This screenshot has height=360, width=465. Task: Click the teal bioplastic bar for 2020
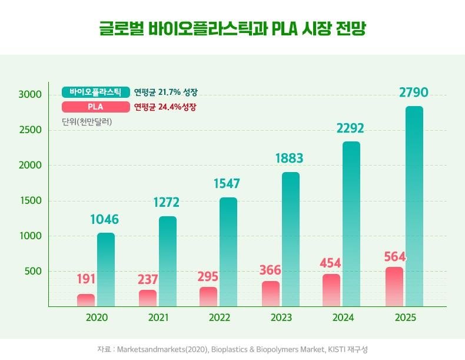106,269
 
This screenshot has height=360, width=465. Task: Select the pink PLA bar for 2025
394,287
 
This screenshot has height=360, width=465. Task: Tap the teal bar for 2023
291,239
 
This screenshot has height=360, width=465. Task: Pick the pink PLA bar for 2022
208,296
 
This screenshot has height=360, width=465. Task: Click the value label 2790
414,93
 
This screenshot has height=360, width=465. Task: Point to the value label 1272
168,203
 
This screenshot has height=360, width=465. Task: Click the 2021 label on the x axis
158,318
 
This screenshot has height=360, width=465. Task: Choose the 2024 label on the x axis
344,318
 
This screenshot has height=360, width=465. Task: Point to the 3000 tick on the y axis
29,95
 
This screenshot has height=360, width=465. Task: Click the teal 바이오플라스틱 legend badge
95,93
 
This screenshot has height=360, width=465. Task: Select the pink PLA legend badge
95,107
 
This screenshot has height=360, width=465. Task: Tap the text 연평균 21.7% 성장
165,93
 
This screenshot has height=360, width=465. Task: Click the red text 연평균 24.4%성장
165,107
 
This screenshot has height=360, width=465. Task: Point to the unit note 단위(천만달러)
87,122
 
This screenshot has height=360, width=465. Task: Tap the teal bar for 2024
351,224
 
